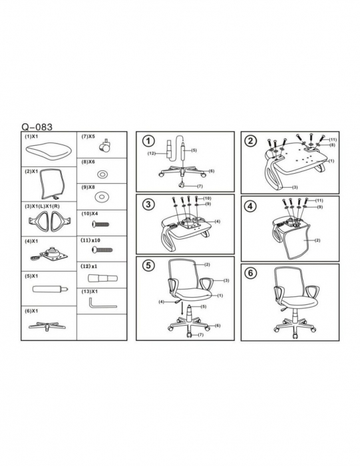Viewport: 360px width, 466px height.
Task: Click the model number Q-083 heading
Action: click(37, 127)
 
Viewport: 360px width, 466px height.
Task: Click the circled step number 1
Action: click(149, 140)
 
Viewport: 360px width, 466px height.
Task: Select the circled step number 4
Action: click(250, 206)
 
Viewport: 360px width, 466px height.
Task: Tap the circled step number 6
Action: click(250, 272)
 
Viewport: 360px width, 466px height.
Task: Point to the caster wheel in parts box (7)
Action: click(106, 145)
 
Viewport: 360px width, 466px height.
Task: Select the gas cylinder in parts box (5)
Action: click(50, 288)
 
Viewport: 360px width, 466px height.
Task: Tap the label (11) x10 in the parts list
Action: click(90, 240)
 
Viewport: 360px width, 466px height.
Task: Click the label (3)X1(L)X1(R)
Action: click(43, 206)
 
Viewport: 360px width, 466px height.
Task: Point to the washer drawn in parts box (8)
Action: click(102, 174)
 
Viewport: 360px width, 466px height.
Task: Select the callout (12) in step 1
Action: click(152, 153)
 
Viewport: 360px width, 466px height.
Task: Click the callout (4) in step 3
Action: click(218, 222)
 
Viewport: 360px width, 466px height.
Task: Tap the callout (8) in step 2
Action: click(332, 145)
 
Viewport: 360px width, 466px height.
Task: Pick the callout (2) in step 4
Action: click(317, 240)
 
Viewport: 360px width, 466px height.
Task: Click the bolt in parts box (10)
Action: click(100, 224)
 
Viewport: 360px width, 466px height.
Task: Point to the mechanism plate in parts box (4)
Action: click(50, 254)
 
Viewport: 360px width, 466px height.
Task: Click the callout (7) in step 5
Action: click(201, 335)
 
